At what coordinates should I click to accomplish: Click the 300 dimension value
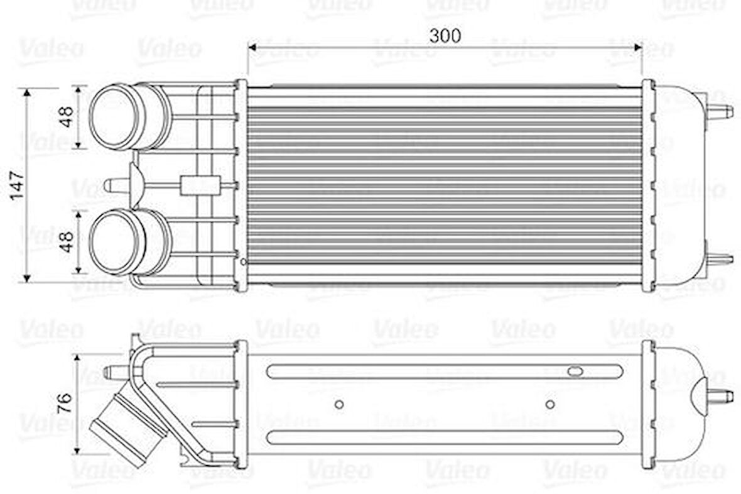pyautogui.click(x=445, y=36)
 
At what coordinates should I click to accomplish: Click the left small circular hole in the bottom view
pyautogui.click(x=339, y=404)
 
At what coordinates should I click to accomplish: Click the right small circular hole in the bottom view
pyautogui.click(x=550, y=404)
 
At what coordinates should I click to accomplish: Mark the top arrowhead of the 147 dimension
pyautogui.click(x=27, y=93)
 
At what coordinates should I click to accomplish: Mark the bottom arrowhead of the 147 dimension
pyautogui.click(x=27, y=278)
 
